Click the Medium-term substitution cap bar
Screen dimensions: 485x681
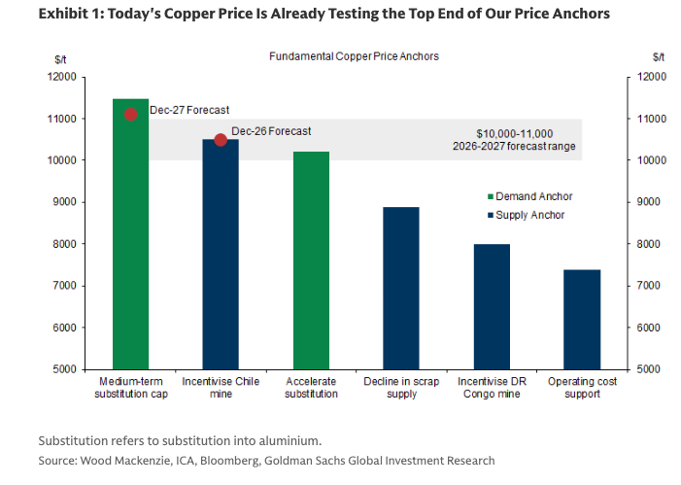130,233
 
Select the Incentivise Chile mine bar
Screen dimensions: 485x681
221,254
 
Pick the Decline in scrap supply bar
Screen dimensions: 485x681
401,288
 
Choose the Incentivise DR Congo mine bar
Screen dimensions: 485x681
492,306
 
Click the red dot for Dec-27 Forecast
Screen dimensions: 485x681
131,114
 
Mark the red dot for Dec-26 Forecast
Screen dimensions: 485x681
221,140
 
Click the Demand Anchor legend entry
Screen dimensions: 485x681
528,195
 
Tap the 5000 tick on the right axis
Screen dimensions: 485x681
649,369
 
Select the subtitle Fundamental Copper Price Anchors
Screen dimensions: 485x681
354,56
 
